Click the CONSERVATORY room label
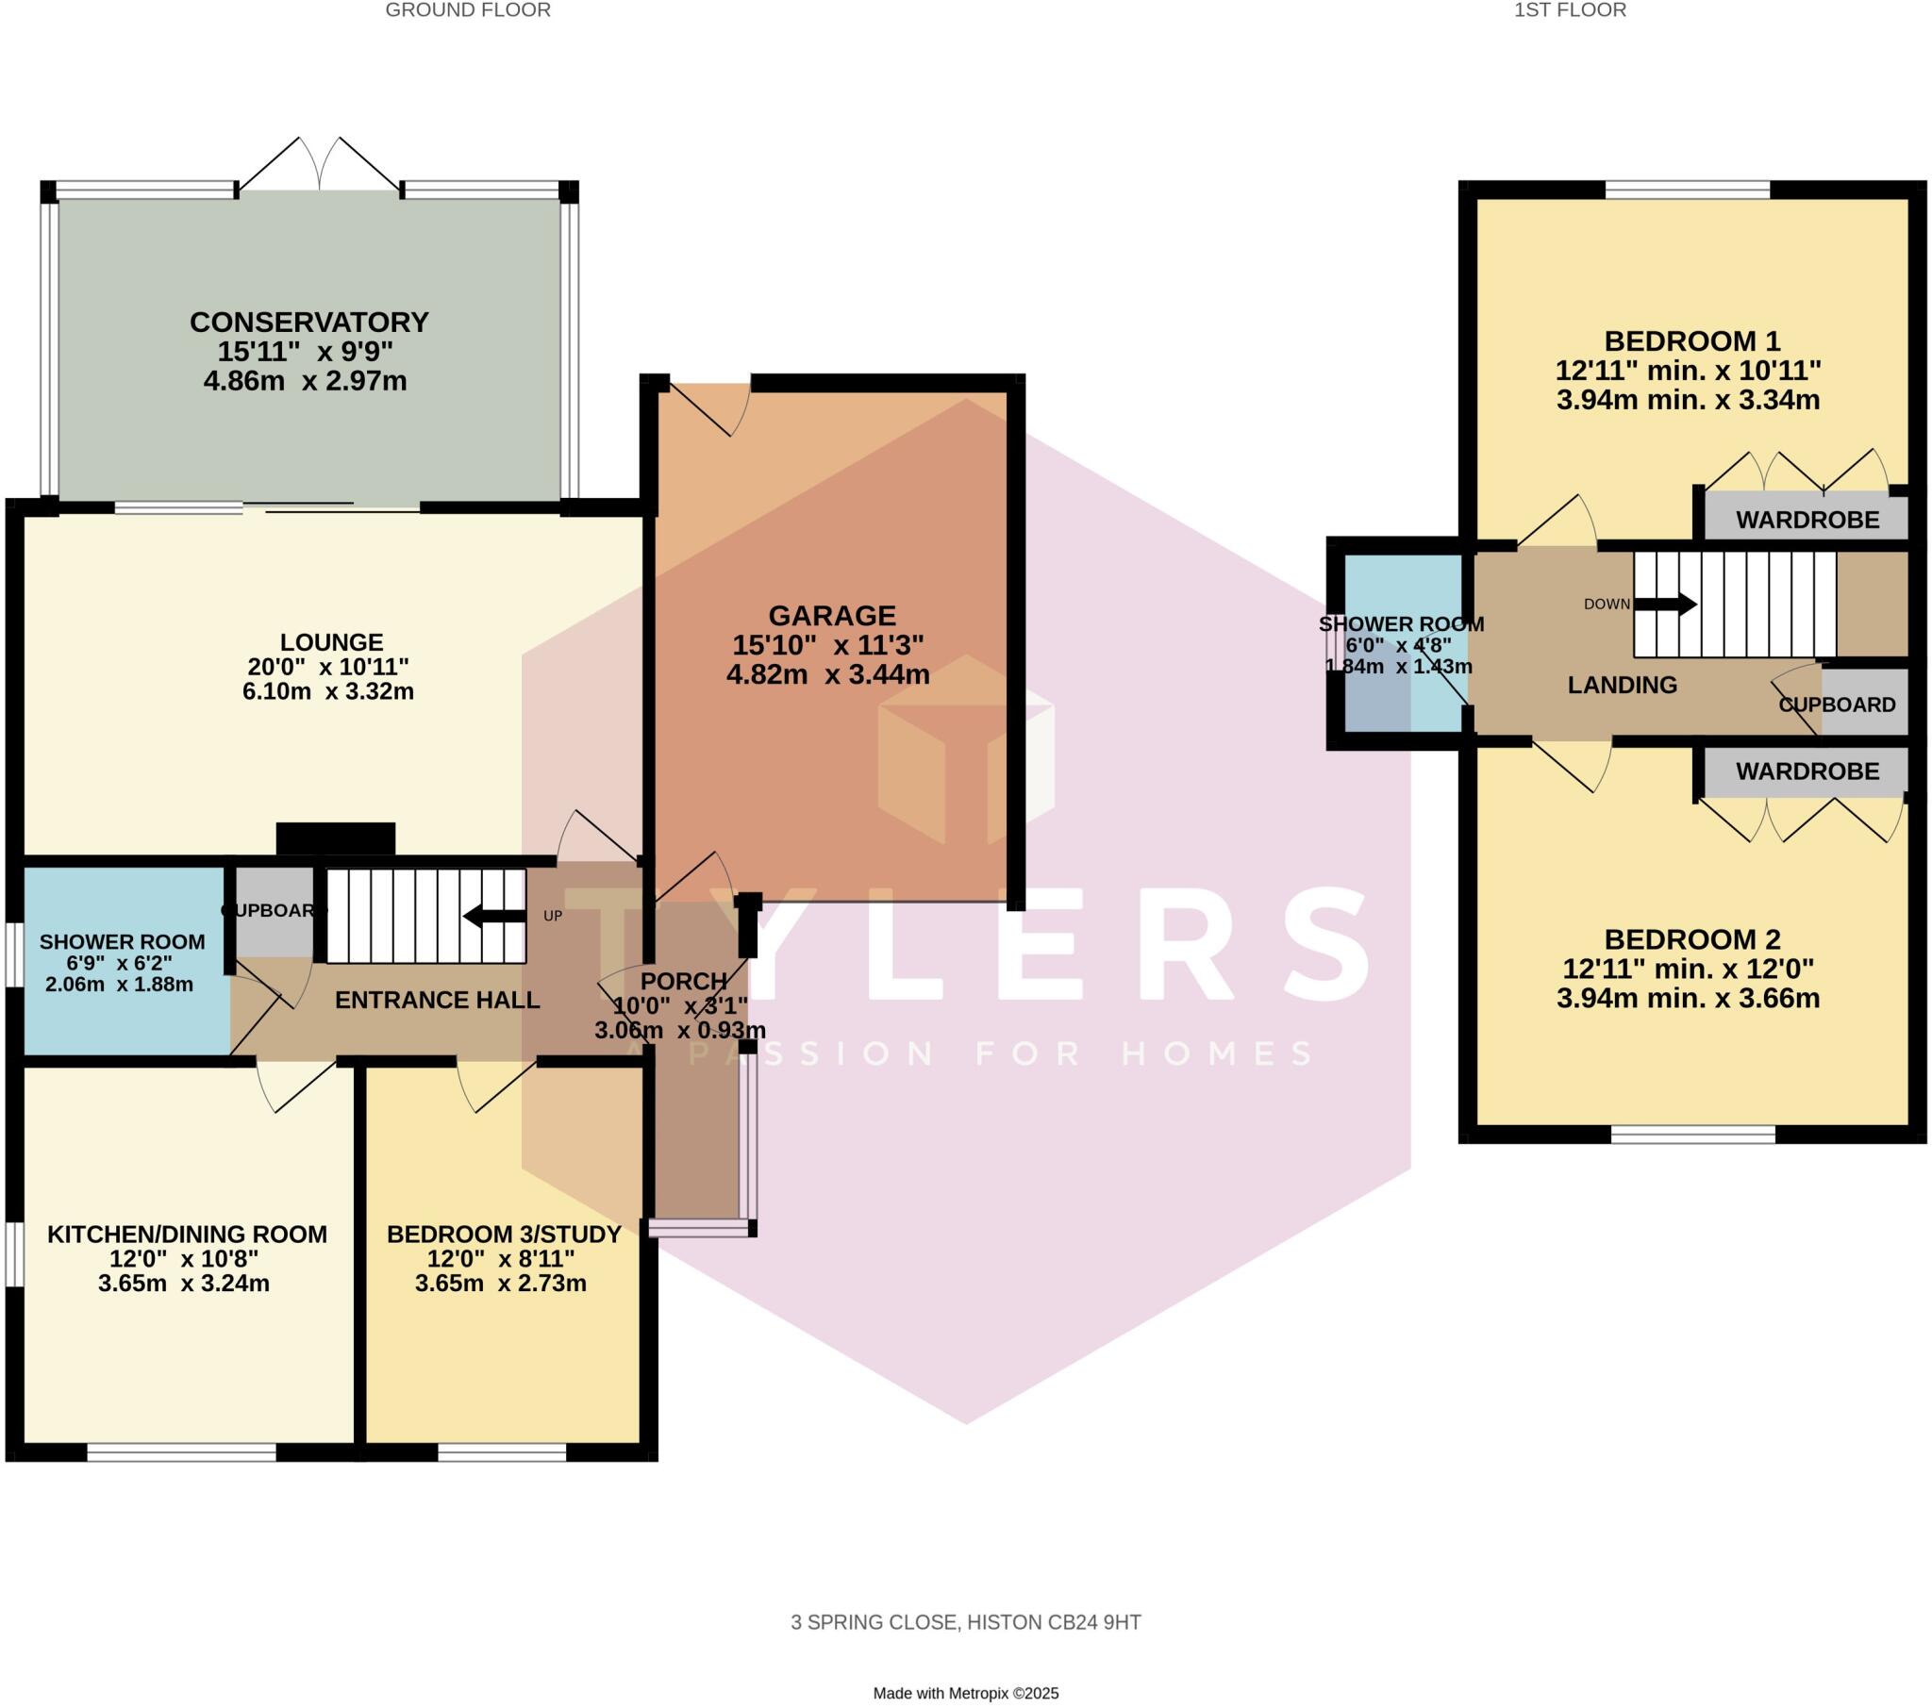tap(309, 323)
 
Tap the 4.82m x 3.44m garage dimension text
tap(827, 675)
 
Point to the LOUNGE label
tap(331, 643)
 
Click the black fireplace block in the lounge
tap(336, 838)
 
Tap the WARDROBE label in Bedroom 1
tap(1807, 520)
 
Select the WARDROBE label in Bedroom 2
tap(1807, 771)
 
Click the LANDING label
tap(1622, 686)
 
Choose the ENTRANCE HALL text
tap(437, 1000)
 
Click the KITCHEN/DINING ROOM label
tap(187, 1235)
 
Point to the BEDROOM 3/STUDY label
tap(504, 1235)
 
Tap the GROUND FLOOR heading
tap(468, 10)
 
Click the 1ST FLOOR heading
tap(1570, 10)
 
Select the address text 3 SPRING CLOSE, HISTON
tap(965, 1623)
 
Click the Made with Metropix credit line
tap(965, 1694)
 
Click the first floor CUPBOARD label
tap(1837, 705)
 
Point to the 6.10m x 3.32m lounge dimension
tap(328, 691)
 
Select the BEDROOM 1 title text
tap(1692, 340)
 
